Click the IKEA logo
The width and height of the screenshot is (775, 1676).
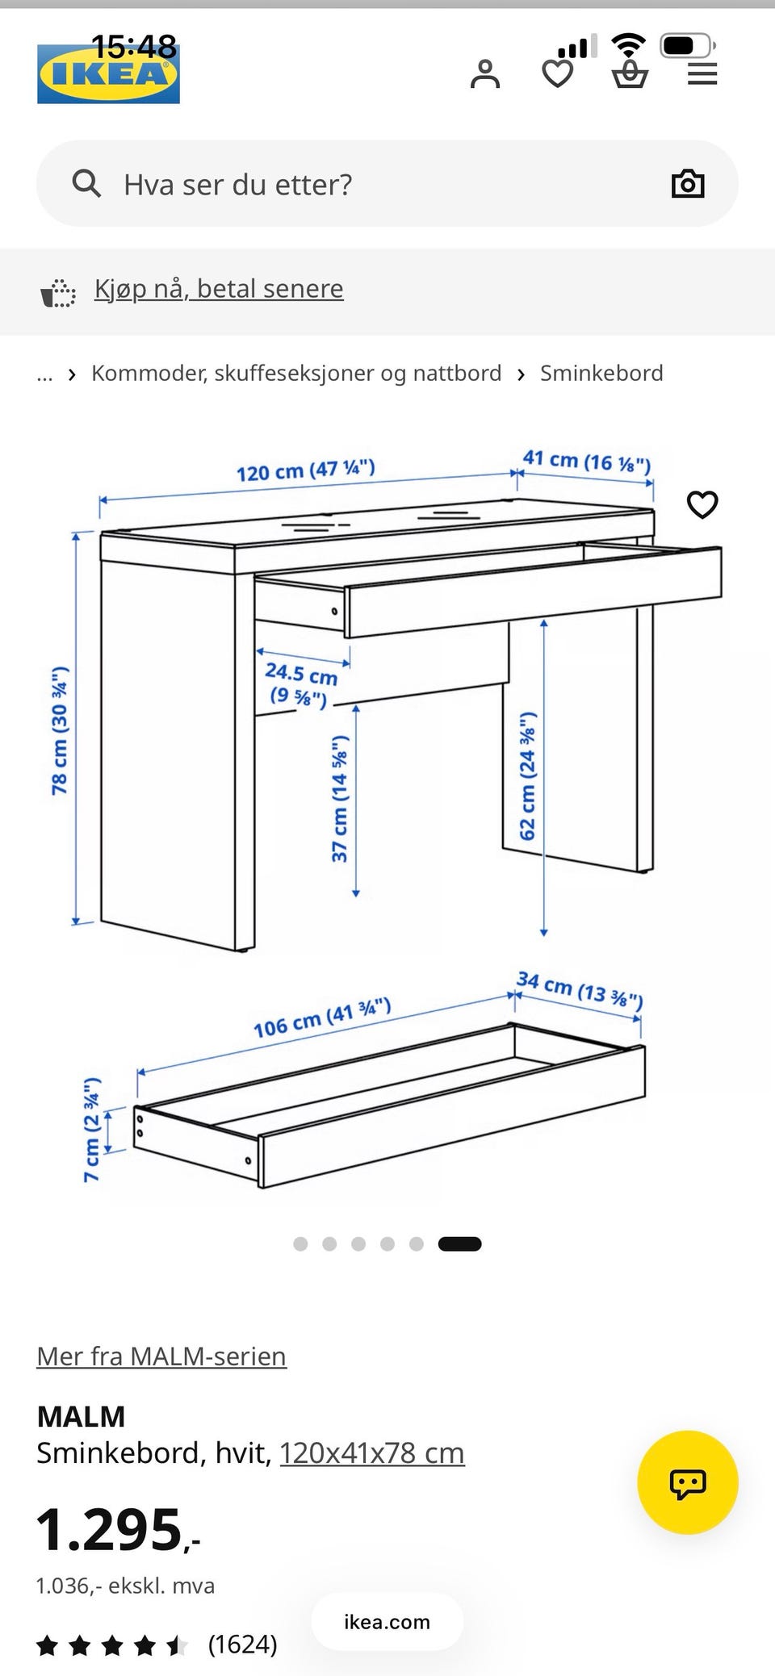108,73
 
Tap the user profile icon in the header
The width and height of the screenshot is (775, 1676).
485,73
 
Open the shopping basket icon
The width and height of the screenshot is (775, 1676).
630,74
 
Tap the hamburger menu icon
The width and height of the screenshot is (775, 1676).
702,74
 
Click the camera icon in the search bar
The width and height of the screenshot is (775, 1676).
688,184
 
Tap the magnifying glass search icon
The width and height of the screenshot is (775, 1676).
86,183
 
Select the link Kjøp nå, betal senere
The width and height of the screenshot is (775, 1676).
219,288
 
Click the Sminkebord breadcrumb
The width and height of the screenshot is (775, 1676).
601,373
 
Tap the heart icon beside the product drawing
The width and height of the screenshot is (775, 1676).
702,504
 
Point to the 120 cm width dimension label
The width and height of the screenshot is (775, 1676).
306,470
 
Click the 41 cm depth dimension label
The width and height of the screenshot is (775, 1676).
587,461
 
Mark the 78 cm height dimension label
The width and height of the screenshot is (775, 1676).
60,730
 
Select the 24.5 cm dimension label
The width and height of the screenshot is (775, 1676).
300,684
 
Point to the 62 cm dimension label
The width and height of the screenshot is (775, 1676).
527,775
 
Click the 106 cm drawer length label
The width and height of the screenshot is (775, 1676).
322,1018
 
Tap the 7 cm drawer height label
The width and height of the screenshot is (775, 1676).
92,1129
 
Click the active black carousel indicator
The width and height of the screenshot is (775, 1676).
459,1243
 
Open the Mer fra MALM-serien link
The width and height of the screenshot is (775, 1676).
161,1356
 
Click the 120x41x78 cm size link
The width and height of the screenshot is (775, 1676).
372,1452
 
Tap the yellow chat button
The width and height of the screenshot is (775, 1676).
688,1482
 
